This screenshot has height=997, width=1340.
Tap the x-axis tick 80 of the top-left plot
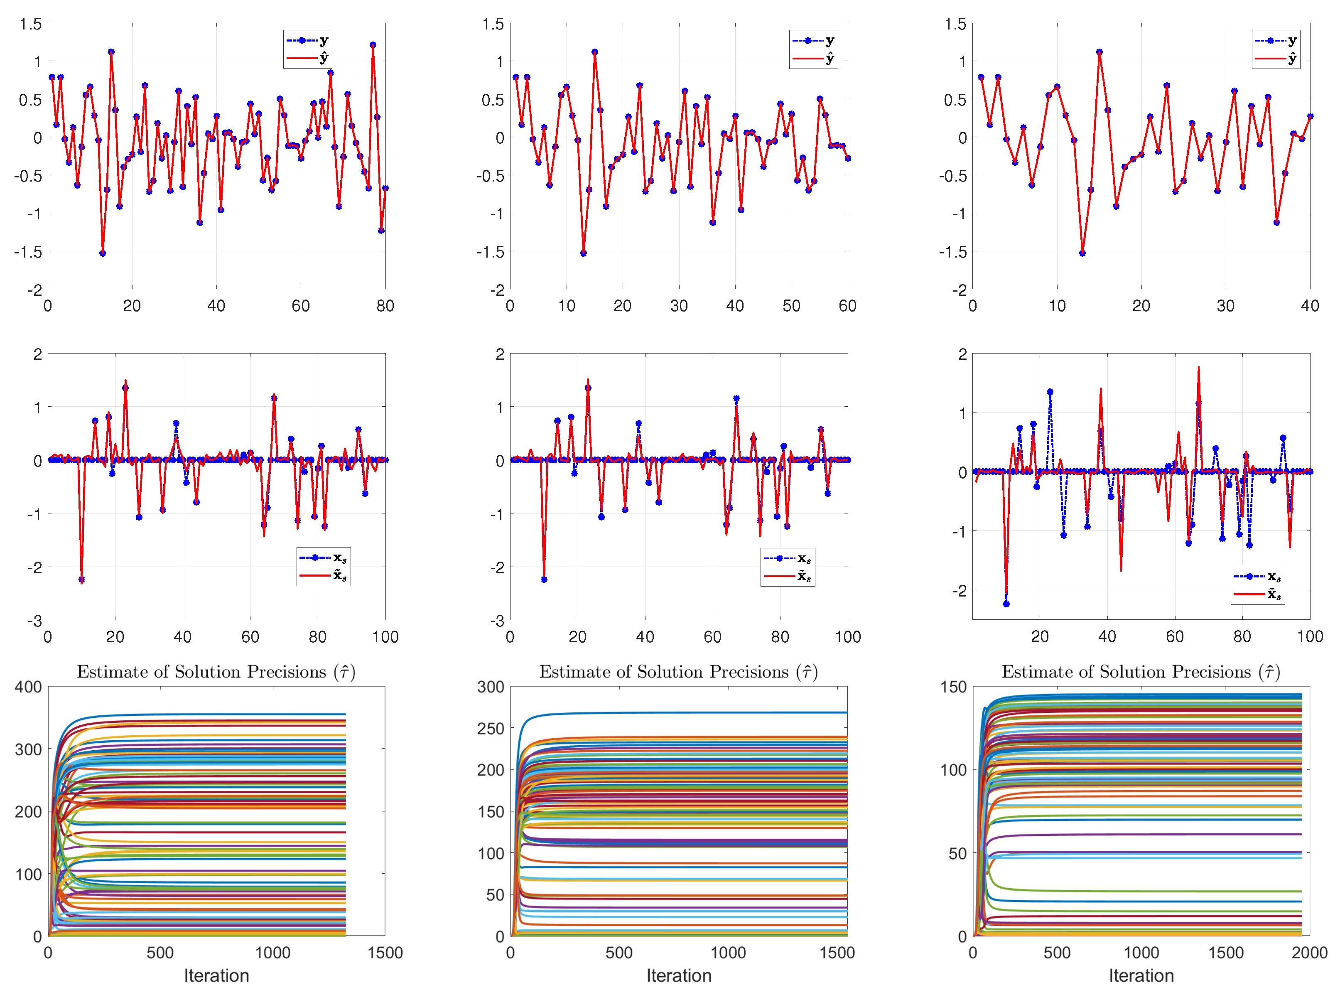385,306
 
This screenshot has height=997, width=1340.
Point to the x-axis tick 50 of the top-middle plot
791,306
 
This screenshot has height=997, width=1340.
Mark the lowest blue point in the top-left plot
103,253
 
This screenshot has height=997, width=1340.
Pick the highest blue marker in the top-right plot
1099,52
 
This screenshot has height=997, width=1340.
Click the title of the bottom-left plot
216,672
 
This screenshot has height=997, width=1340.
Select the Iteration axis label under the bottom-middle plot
679,975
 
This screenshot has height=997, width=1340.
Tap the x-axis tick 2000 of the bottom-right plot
1309,953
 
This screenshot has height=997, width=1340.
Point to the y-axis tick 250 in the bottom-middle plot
491,729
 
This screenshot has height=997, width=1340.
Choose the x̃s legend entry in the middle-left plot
324,576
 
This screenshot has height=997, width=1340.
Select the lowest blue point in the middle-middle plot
544,580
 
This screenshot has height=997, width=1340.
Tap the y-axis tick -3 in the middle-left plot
35,620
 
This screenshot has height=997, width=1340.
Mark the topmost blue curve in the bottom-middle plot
664,713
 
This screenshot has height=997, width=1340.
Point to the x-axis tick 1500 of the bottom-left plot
385,953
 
